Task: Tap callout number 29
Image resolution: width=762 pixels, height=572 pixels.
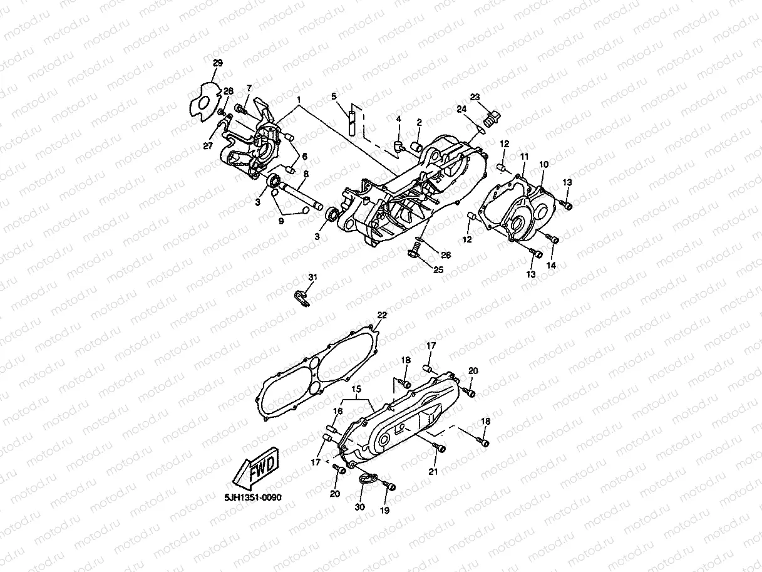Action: tap(217, 63)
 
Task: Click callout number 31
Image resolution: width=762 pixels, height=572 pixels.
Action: tap(312, 277)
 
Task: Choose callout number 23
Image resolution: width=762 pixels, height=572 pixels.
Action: tap(475, 96)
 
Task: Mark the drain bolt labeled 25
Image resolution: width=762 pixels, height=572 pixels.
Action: tap(413, 252)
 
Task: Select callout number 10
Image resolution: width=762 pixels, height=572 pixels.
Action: tap(543, 164)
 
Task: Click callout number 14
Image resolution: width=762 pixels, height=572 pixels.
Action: tap(550, 265)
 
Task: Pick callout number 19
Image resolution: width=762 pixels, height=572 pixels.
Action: tap(384, 510)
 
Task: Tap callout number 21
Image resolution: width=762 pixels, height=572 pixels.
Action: tap(433, 471)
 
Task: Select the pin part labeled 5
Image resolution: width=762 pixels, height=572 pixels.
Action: tap(353, 122)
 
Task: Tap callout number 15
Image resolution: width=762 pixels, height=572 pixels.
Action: tap(356, 390)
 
